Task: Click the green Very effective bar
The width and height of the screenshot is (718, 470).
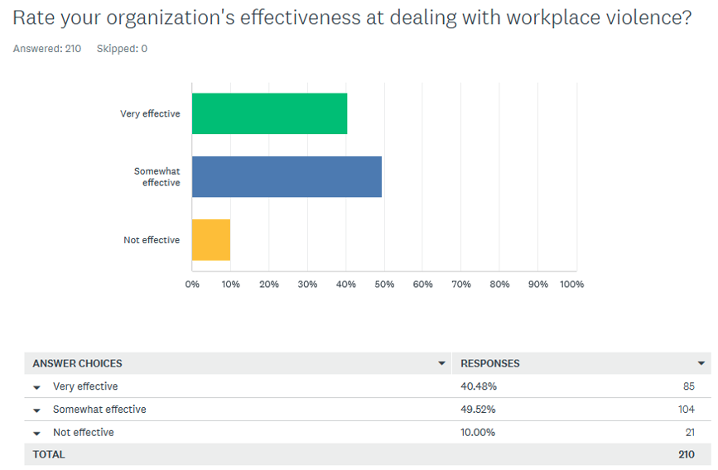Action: (x=269, y=113)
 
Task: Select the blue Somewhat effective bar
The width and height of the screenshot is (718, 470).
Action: (x=287, y=176)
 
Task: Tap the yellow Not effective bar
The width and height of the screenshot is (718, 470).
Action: (x=211, y=240)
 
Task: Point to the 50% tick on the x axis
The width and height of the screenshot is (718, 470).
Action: (x=384, y=284)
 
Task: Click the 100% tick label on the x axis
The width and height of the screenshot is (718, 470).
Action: (x=571, y=284)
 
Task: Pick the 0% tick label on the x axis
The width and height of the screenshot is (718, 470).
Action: (x=192, y=284)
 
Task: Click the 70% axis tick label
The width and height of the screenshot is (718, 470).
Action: (x=461, y=284)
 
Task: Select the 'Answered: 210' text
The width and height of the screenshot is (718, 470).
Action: (x=47, y=49)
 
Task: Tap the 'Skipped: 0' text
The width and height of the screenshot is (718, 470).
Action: (x=122, y=49)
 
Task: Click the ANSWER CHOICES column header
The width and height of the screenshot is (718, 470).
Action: (x=77, y=363)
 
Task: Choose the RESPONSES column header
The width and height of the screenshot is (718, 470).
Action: (x=490, y=363)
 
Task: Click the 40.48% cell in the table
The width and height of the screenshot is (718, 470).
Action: (x=479, y=386)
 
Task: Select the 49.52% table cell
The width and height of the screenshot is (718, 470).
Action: (x=478, y=409)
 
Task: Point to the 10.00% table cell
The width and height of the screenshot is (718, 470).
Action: (x=478, y=433)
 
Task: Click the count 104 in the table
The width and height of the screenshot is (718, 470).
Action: (x=687, y=409)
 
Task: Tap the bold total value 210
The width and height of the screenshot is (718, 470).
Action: (x=687, y=454)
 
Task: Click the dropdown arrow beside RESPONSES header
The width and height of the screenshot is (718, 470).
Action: (x=701, y=363)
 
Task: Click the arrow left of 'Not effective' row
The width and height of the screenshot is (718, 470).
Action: (x=37, y=433)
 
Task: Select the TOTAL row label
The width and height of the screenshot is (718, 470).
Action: (x=49, y=454)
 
